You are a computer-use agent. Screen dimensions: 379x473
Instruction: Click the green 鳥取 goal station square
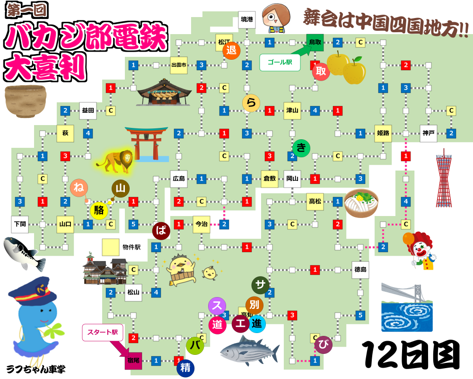tap(315, 42)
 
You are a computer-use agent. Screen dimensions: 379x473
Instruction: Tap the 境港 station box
tap(247, 19)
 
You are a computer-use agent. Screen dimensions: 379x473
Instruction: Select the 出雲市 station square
tap(179, 65)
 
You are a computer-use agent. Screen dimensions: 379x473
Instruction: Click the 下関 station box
tap(20, 224)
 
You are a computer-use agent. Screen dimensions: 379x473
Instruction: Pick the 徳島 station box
tap(360, 270)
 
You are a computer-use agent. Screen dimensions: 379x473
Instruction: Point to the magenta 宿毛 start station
tap(133, 361)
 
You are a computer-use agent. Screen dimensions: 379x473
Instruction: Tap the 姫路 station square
tap(383, 133)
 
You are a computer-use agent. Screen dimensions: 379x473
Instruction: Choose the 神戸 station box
tap(428, 133)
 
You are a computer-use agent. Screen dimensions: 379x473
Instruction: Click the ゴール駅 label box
tap(280, 62)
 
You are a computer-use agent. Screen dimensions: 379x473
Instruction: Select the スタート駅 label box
tap(102, 332)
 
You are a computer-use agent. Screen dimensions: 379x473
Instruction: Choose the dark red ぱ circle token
tap(161, 231)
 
